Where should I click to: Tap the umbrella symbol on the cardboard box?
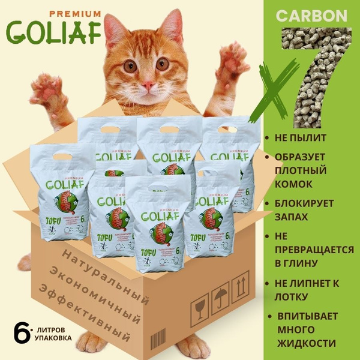click(221, 298)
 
